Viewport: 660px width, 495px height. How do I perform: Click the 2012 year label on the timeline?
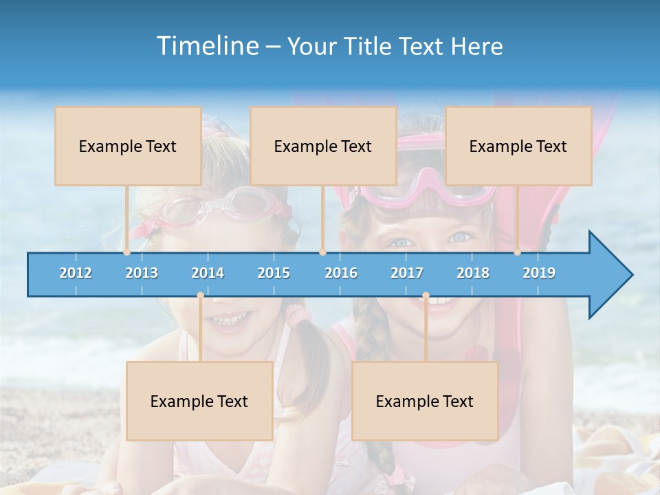pyautogui.click(x=76, y=273)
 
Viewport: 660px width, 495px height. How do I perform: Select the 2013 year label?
pyautogui.click(x=142, y=273)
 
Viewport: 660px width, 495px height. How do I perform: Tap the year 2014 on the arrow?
pyautogui.click(x=208, y=273)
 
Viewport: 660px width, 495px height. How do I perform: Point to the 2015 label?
pyautogui.click(x=274, y=273)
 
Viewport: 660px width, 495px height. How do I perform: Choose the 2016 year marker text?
pyautogui.click(x=341, y=273)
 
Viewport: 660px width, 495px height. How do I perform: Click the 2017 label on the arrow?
pyautogui.click(x=407, y=273)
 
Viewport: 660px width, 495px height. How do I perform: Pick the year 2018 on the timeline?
pyautogui.click(x=473, y=273)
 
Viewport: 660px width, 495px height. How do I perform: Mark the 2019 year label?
pyautogui.click(x=539, y=273)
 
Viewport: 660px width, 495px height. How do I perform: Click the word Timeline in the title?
pyautogui.click(x=206, y=46)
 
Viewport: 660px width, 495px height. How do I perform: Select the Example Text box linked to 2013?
pyautogui.click(x=128, y=146)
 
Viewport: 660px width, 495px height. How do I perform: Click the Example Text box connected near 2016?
pyautogui.click(x=323, y=146)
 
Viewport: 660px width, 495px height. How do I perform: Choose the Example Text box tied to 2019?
pyautogui.click(x=518, y=146)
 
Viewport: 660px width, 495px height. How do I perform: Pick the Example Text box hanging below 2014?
pyautogui.click(x=199, y=401)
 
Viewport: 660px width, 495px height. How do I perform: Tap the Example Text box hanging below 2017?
pyautogui.click(x=425, y=401)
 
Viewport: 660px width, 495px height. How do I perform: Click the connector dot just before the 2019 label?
pyautogui.click(x=518, y=252)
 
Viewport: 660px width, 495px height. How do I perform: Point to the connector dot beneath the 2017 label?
pyautogui.click(x=426, y=296)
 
